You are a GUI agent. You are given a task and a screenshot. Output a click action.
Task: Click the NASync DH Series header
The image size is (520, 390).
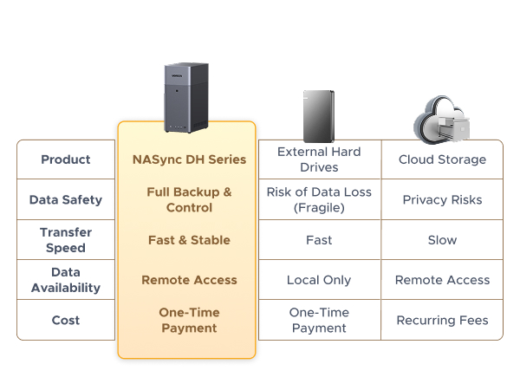(x=189, y=159)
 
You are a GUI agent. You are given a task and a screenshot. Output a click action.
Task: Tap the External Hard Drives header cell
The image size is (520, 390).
(x=319, y=159)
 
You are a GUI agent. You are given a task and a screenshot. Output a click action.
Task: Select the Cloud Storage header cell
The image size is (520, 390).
(x=442, y=159)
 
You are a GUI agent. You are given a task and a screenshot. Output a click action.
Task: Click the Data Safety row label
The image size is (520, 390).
(x=66, y=199)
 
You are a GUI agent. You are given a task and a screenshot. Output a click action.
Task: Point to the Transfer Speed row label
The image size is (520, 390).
(x=66, y=239)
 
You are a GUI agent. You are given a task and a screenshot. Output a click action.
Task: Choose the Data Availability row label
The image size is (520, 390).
(x=66, y=280)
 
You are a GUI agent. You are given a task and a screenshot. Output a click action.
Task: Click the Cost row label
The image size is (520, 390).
(x=66, y=320)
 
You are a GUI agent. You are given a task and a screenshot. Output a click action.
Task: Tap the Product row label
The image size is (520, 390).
(x=66, y=159)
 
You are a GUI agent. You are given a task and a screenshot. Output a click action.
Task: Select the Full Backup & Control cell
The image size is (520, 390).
(x=189, y=199)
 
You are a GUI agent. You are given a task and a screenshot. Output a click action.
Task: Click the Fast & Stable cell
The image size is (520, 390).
(x=189, y=239)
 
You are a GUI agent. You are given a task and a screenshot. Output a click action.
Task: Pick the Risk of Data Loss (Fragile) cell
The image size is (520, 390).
(x=319, y=199)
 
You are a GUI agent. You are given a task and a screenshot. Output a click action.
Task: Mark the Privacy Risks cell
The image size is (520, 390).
(x=442, y=199)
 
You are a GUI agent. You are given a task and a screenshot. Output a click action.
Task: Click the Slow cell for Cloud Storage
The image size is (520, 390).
(x=442, y=239)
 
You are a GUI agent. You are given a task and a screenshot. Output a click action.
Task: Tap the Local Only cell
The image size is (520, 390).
(x=319, y=280)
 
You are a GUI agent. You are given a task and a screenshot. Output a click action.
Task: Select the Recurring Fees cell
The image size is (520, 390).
(x=442, y=320)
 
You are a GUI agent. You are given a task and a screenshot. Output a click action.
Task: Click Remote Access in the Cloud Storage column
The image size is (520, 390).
(x=442, y=280)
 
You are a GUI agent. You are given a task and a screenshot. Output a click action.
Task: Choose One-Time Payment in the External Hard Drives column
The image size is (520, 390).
(x=319, y=320)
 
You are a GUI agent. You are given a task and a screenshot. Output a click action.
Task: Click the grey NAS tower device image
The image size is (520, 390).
(x=187, y=99)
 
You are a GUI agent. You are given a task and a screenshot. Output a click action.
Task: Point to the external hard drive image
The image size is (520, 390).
(x=318, y=115)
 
